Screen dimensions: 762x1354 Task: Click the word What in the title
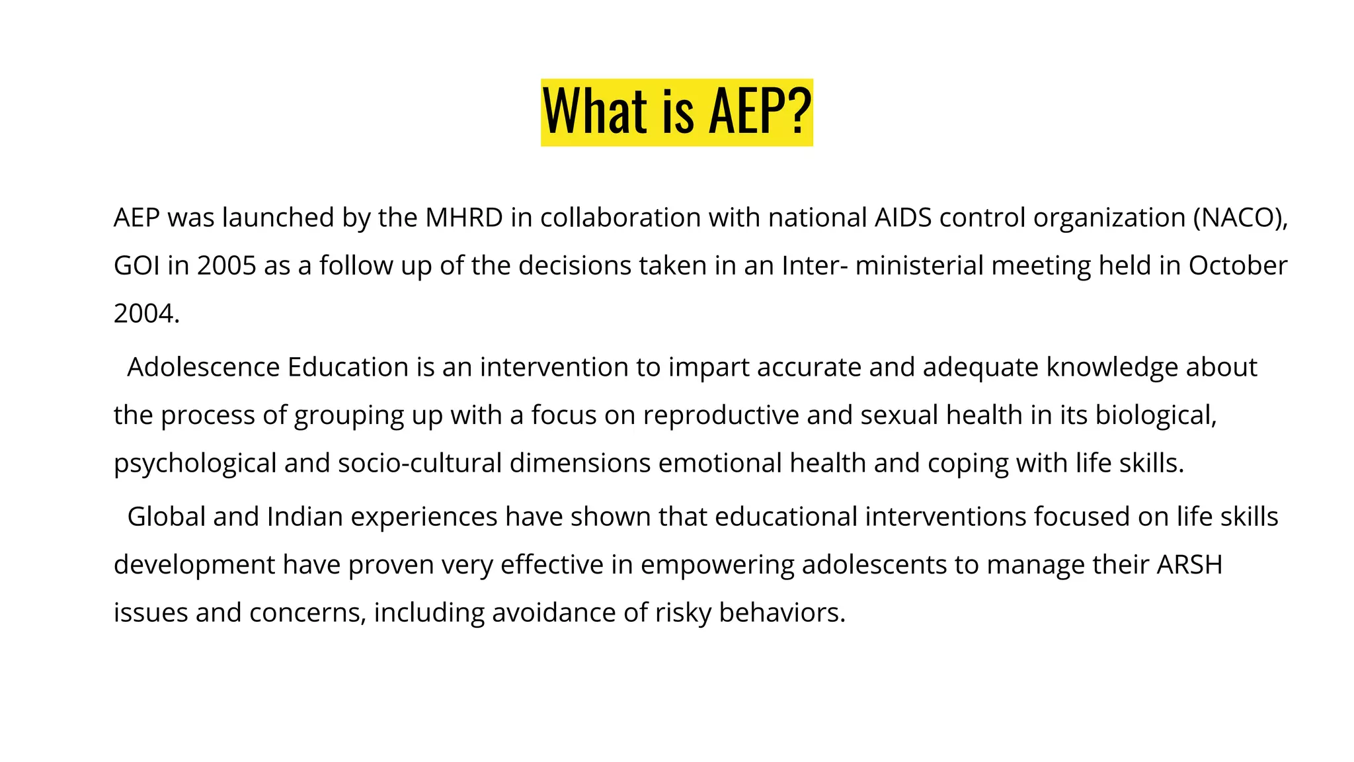(594, 112)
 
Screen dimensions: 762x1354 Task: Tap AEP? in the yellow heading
(760, 112)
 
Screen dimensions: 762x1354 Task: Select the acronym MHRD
(464, 218)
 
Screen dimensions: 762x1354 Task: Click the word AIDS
(902, 218)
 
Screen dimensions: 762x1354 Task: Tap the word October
(1238, 266)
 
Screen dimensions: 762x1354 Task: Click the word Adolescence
(203, 367)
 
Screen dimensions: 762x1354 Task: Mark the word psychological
(195, 464)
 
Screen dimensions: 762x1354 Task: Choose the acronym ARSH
(1189, 565)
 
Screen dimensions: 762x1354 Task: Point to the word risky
(683, 613)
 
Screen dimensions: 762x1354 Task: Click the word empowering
(717, 566)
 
